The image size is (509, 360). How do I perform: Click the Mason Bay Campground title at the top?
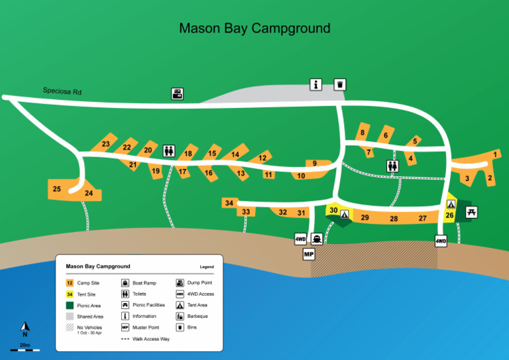(254, 29)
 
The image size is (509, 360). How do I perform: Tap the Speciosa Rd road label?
(62, 91)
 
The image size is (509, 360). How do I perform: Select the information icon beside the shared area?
(316, 84)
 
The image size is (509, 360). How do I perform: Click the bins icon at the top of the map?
(339, 84)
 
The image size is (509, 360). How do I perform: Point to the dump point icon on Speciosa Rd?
(178, 94)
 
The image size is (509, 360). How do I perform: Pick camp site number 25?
(57, 189)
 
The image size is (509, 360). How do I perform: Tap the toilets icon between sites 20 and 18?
(168, 151)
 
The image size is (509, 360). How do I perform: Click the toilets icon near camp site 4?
(392, 166)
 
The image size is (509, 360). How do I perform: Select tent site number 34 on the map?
(229, 203)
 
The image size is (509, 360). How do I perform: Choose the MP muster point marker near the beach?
(309, 254)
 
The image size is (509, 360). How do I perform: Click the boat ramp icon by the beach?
(317, 239)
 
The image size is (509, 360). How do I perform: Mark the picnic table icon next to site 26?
(471, 212)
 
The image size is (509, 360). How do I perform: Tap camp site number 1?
(495, 154)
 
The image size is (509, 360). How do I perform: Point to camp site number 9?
(314, 163)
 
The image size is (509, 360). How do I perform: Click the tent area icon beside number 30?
(345, 213)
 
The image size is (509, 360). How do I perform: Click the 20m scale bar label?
(25, 345)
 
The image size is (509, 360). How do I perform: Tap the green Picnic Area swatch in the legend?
(70, 305)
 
